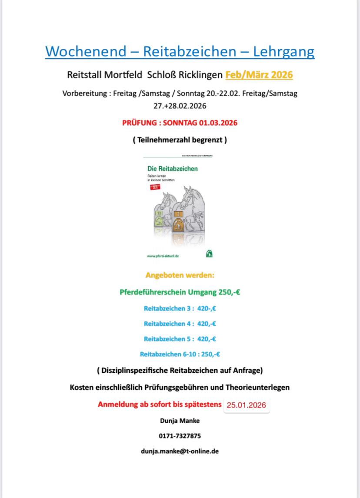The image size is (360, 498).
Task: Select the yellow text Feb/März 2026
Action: click(259, 75)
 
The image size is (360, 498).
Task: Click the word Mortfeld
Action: click(123, 75)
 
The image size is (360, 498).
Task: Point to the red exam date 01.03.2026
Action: click(218, 123)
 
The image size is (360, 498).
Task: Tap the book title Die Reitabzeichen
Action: click(172, 168)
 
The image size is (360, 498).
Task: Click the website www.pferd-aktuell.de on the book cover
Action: click(163, 256)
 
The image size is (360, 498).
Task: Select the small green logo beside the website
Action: click(210, 254)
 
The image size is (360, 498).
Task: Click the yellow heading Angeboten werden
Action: click(180, 275)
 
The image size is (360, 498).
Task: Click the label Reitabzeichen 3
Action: click(167, 308)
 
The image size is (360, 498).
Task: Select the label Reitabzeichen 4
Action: click(167, 323)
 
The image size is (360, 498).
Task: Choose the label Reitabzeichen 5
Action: click(167, 339)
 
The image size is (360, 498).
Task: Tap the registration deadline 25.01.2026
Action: click(246, 405)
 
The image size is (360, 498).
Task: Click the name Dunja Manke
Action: click(180, 421)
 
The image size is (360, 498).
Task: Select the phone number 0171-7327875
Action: click(180, 436)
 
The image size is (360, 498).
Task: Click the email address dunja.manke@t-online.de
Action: click(180, 451)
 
